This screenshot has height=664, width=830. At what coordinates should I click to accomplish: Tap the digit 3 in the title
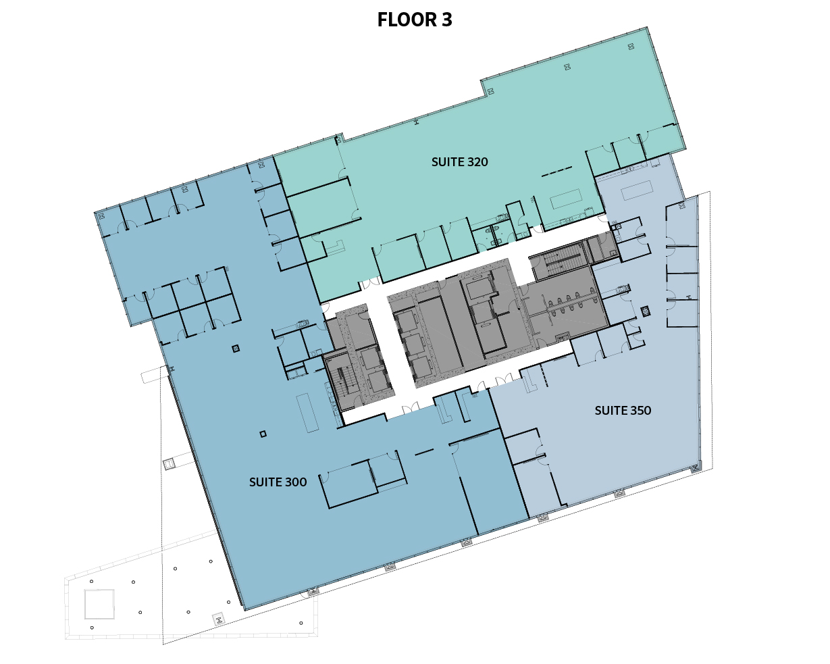(447, 20)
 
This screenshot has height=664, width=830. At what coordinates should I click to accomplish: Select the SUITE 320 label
(460, 162)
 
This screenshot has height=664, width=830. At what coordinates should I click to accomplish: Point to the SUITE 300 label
(278, 482)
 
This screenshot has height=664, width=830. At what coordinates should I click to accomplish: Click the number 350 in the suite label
(639, 411)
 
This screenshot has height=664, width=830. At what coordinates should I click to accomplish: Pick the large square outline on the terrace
(99, 604)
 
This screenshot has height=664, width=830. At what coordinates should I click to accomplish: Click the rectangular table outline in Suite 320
(566, 199)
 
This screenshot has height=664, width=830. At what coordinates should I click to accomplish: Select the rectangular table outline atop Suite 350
(637, 190)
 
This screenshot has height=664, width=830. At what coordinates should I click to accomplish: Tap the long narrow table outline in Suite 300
(307, 413)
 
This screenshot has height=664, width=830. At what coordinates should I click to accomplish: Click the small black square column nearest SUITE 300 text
(263, 434)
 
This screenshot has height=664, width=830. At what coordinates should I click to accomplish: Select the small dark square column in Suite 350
(646, 311)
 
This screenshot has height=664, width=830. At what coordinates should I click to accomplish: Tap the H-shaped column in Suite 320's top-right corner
(631, 47)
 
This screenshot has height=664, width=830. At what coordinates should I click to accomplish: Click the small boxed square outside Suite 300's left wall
(169, 464)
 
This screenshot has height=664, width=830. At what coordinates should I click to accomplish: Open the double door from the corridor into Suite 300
(411, 408)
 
